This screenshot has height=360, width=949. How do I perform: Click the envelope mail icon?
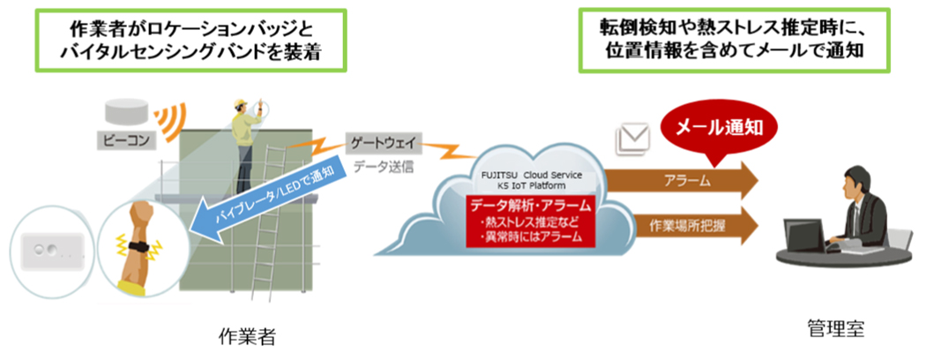click(x=632, y=138)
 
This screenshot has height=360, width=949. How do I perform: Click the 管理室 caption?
click(x=835, y=329)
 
